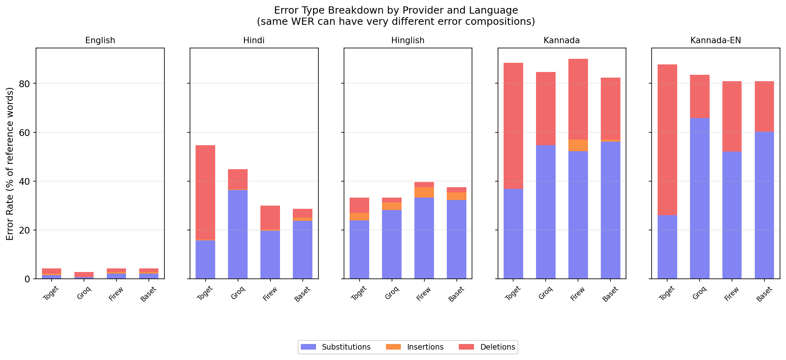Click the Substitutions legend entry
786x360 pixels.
click(x=346, y=347)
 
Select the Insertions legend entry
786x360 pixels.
click(x=425, y=347)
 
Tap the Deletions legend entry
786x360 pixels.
click(x=497, y=347)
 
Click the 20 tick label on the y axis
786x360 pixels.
click(x=25, y=230)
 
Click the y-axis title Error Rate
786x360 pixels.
click(x=10, y=164)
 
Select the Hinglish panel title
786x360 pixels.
click(x=408, y=40)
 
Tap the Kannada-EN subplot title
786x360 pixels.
click(x=716, y=40)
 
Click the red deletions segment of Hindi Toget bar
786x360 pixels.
click(x=205, y=192)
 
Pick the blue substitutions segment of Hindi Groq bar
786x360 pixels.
click(x=238, y=234)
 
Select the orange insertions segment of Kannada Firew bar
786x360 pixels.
click(x=578, y=145)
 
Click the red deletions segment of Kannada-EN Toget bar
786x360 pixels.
click(x=667, y=140)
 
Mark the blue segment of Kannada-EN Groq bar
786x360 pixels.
click(x=700, y=198)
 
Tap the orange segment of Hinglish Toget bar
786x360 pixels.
click(x=359, y=216)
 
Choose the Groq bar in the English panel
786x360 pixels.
click(x=84, y=275)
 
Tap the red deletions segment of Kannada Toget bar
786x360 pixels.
click(x=513, y=126)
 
